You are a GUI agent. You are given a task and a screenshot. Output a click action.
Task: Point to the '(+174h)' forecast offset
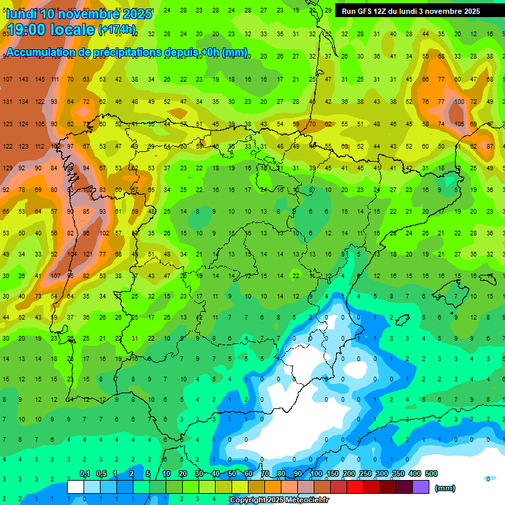pos(117,30)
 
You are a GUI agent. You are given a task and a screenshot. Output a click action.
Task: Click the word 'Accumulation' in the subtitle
pos(39,53)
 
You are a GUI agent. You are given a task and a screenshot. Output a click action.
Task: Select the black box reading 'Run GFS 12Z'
pos(411,11)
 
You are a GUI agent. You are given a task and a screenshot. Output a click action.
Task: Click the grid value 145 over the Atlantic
pos(39,79)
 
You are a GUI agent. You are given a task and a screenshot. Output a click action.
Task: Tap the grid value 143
pos(24,79)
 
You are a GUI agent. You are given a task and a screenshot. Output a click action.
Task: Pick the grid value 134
pos(24,102)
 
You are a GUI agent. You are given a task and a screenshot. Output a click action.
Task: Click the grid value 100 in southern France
pos(458,102)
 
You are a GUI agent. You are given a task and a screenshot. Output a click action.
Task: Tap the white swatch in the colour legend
pos(76,487)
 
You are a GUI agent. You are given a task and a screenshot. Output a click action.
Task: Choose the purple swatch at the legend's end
pos(421,487)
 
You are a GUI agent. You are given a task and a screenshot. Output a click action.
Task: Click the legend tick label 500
pos(431,474)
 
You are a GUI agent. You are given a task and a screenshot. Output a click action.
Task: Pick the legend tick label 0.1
pos(84,474)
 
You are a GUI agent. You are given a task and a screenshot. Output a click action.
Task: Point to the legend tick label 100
pos(316,474)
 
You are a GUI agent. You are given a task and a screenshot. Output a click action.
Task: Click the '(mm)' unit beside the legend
pos(445,488)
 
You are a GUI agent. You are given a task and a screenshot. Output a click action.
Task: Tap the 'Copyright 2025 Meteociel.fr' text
pos(279,500)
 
